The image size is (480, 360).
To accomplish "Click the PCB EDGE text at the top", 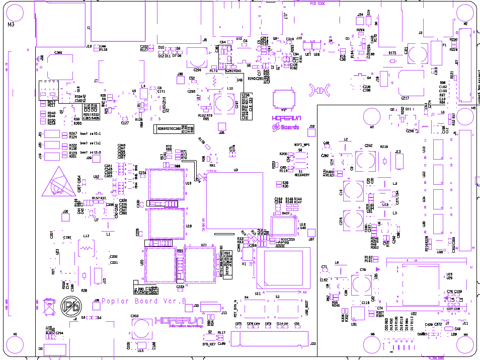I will pos(317,4).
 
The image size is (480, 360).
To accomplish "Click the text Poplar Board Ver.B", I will pos(144,302).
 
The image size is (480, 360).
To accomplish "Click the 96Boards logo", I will pos(286,127).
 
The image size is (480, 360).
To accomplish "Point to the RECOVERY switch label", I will pos(301,175).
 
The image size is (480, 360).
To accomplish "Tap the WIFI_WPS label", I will pos(301,145).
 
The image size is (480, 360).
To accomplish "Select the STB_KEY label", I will pos(209,344).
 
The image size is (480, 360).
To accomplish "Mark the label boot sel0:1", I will pos(91,134).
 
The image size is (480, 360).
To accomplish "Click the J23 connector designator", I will pos(313,343).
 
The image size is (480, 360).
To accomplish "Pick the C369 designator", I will pos(58,52).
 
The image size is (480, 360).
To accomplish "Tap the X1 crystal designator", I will pos(245,263).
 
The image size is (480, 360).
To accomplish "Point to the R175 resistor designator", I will pos(392,52).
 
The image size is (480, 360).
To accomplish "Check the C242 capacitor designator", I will pos(368,146).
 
